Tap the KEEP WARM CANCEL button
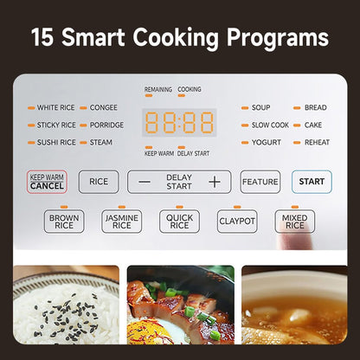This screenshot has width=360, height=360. (x=47, y=182)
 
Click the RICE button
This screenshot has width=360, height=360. (x=99, y=182)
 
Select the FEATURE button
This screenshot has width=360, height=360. (x=260, y=182)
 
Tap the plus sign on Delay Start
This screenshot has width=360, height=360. (x=215, y=182)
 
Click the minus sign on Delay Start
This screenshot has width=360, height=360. (x=145, y=182)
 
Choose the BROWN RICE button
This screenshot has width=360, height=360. (x=64, y=222)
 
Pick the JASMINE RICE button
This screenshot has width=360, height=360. (x=122, y=222)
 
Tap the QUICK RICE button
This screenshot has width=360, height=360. (x=179, y=222)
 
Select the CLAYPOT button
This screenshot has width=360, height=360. (x=237, y=222)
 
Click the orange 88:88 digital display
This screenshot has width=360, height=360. (x=179, y=123)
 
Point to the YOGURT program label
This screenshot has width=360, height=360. (x=267, y=142)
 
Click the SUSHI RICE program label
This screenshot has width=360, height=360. (x=56, y=142)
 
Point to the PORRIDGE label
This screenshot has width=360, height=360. (x=106, y=125)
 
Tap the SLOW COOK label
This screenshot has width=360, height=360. (x=270, y=125)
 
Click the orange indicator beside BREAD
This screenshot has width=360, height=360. (x=297, y=108)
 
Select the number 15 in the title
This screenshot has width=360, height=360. (x=42, y=37)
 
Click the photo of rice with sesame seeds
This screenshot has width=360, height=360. (x=66, y=305)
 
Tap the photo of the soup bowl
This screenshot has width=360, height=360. (x=294, y=305)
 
